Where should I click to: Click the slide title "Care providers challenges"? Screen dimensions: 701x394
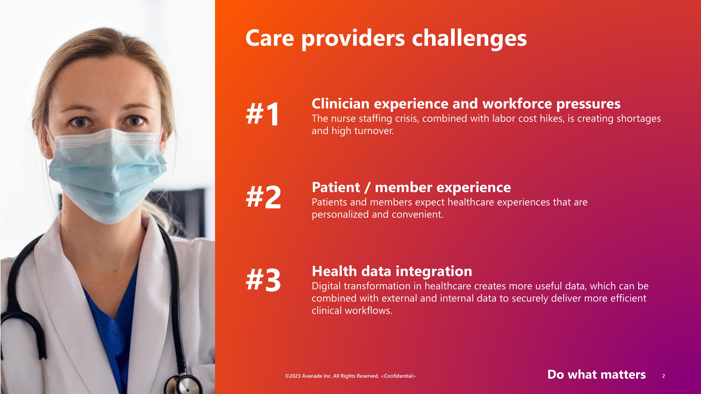click(x=386, y=39)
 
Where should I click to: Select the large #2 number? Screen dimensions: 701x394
click(x=263, y=197)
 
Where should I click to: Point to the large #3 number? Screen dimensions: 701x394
click(x=263, y=280)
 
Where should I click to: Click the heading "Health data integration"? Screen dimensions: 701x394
click(x=392, y=271)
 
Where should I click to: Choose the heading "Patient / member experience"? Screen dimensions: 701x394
click(x=411, y=188)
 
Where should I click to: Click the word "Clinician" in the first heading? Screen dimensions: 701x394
click(x=341, y=104)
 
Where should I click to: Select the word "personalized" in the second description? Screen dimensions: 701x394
click(x=340, y=215)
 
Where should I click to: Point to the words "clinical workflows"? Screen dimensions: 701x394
click(x=352, y=310)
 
